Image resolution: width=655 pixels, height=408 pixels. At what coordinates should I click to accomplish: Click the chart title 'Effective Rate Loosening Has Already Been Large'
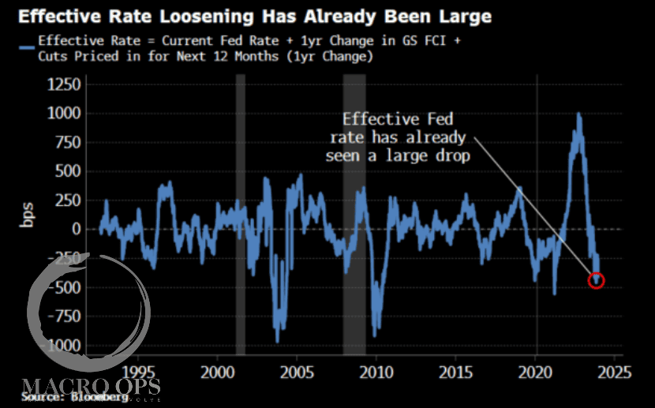click(x=250, y=16)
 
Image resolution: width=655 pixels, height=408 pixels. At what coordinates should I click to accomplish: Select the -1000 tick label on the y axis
click(x=63, y=346)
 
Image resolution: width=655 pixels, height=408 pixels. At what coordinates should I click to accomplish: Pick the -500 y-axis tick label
click(x=66, y=287)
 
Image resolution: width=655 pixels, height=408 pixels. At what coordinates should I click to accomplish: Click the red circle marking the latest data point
click(x=597, y=279)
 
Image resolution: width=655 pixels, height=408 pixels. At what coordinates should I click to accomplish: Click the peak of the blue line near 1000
click(x=578, y=115)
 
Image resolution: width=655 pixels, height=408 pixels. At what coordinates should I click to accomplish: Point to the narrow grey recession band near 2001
click(x=241, y=213)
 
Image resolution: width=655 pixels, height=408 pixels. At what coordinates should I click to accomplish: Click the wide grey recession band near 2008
click(x=354, y=213)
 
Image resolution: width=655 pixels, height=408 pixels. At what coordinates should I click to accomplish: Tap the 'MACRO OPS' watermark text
click(x=92, y=386)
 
